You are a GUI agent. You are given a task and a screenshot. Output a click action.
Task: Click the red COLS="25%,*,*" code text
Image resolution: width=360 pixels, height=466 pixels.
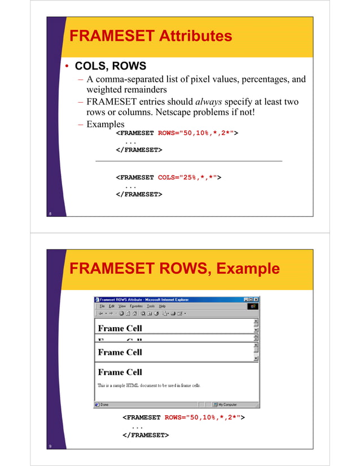point(190,177)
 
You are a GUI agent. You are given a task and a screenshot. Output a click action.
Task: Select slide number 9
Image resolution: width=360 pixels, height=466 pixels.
point(51,447)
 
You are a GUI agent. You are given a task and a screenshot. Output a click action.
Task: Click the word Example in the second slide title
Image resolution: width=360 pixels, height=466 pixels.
point(247,269)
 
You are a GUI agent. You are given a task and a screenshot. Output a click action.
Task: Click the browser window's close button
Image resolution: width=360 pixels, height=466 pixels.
point(256,299)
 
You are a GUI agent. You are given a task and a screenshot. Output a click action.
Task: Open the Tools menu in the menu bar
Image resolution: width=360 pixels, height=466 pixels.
point(151,306)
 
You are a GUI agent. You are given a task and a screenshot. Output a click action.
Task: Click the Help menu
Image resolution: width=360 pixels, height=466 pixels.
point(163,306)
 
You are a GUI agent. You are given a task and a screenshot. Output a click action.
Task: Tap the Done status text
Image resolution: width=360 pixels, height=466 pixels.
point(104,404)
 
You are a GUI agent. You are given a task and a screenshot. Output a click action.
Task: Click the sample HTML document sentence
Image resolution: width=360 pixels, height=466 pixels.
point(149,385)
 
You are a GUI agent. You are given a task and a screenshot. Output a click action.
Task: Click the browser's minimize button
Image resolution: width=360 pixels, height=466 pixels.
point(246,299)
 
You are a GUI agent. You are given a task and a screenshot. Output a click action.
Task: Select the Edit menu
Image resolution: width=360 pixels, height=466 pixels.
point(112,306)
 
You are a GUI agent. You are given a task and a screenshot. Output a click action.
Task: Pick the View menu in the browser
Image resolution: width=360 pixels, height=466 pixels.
point(122,306)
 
